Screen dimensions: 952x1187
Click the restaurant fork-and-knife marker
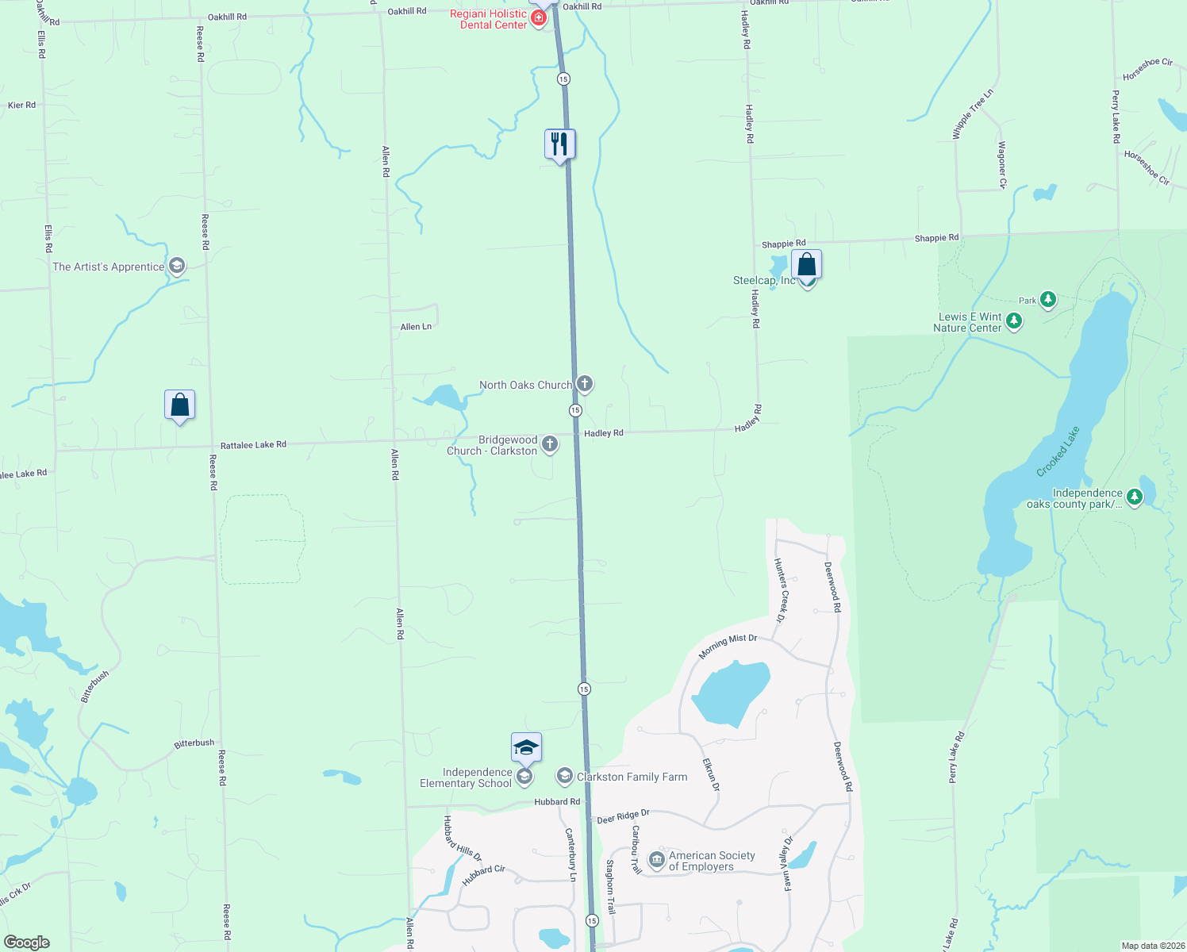tap(560, 144)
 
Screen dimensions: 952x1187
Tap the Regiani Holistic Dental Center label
tap(488, 19)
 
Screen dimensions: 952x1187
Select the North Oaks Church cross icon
tap(585, 385)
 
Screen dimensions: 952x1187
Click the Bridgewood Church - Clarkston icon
tap(550, 445)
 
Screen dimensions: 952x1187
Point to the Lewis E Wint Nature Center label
tap(968, 322)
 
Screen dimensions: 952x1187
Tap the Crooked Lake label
tap(1058, 452)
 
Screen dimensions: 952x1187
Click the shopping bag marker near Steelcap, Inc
tap(806, 265)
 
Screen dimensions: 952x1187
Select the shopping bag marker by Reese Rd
tap(180, 405)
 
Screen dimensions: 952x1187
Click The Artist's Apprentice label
tap(108, 267)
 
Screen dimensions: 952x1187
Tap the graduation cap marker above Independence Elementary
tap(526, 747)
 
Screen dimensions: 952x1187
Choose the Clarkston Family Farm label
tap(632, 777)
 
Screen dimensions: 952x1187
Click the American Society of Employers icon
tap(656, 860)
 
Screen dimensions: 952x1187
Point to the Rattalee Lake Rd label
tap(253, 445)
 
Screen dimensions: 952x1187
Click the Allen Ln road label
tap(416, 327)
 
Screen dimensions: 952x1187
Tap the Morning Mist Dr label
tap(728, 647)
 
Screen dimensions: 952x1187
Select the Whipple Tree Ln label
tap(973, 115)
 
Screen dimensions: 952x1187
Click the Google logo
tap(27, 942)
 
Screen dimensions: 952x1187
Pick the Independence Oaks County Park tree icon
tap(1135, 497)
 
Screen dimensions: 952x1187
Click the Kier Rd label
tap(21, 105)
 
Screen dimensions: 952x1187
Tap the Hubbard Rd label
tap(557, 802)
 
